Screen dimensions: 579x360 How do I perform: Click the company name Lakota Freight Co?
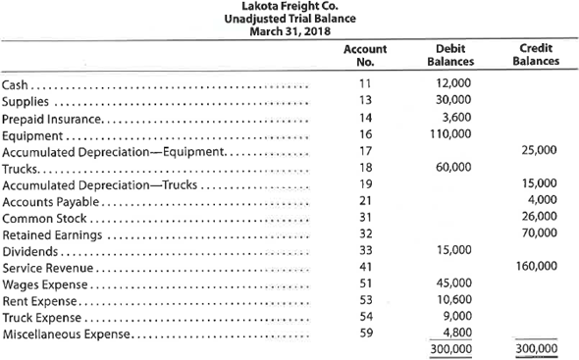coord(289,7)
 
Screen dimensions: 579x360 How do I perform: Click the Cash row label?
coord(17,86)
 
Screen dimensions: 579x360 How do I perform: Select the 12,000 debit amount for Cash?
coord(452,86)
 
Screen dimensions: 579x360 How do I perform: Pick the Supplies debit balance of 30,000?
coord(452,102)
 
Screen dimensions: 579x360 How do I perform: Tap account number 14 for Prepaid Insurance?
coord(365,118)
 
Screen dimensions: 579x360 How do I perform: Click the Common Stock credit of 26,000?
coord(539,217)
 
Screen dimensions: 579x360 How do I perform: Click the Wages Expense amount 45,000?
coord(452,283)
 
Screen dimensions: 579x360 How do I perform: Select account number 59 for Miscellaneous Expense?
coord(365,333)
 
